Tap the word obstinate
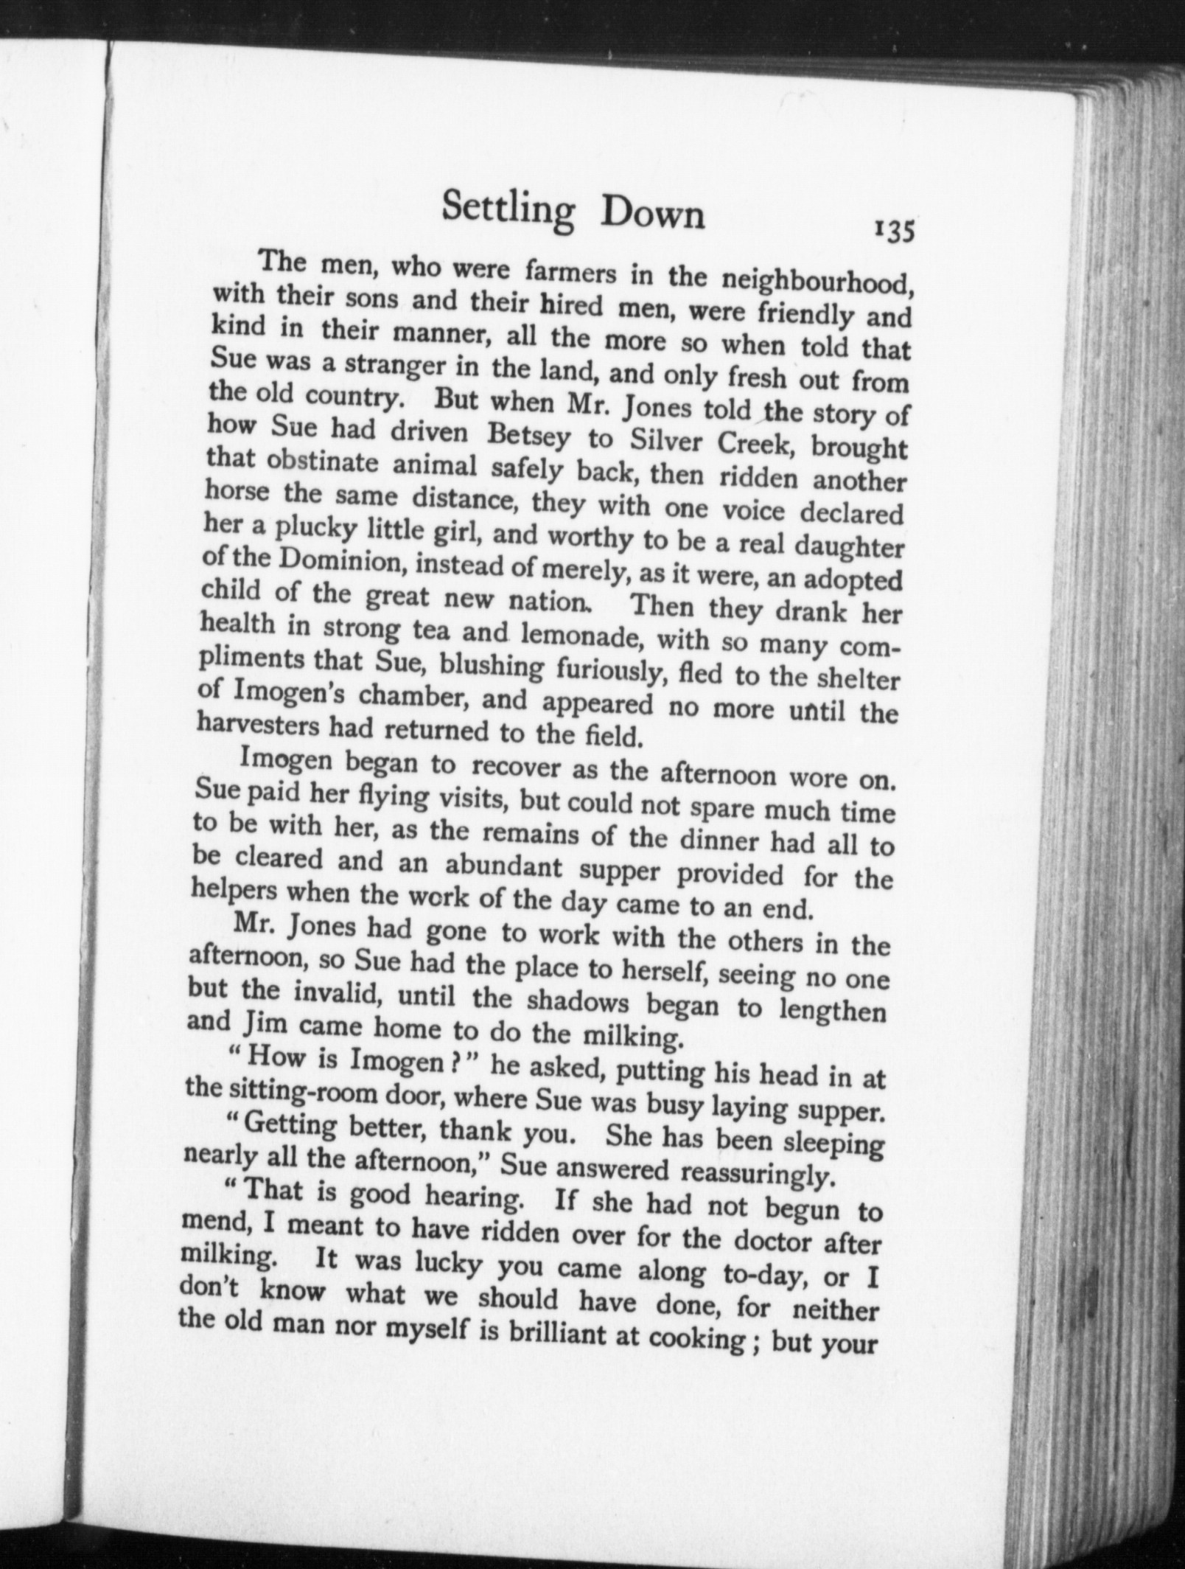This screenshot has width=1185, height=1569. click(310, 464)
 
